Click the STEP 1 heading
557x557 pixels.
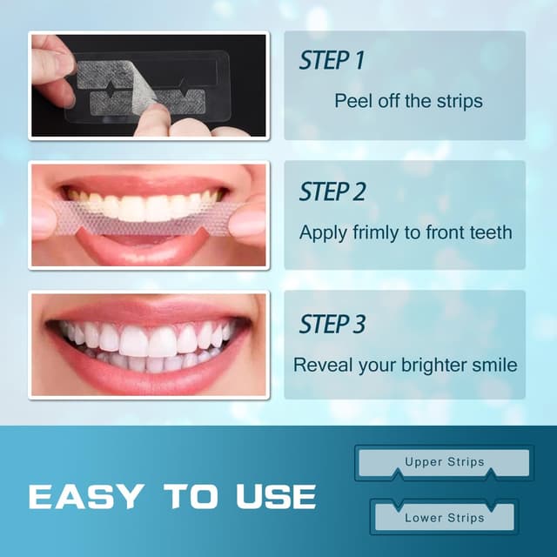click(332, 61)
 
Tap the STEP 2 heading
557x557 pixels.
click(333, 192)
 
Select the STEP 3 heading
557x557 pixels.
click(333, 325)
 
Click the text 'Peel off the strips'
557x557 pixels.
click(408, 101)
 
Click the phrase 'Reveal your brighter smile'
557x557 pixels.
click(405, 365)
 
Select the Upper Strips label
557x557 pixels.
click(444, 462)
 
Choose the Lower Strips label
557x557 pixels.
click(444, 518)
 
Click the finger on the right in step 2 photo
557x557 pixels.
click(249, 222)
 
